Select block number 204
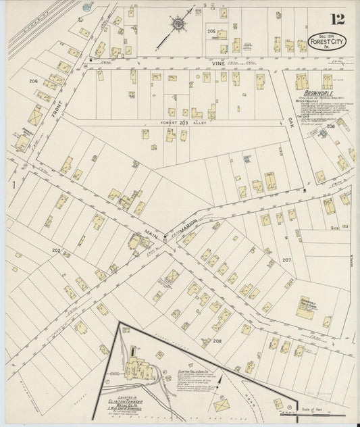pyautogui.click(x=33, y=81)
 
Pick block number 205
pyautogui.click(x=211, y=32)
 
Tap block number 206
pyautogui.click(x=330, y=126)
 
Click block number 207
pyautogui.click(x=286, y=259)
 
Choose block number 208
pyautogui.click(x=217, y=341)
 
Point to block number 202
pyautogui.click(x=56, y=251)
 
